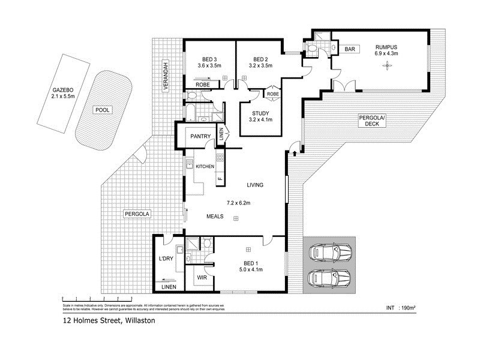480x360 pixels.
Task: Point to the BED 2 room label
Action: point(260,59)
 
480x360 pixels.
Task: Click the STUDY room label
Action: point(260,113)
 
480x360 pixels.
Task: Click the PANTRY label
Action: point(200,137)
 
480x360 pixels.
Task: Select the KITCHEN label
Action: point(205,166)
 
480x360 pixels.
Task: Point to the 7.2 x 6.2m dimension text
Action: point(238,203)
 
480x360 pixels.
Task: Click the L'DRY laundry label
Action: point(165,259)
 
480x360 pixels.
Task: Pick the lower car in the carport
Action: point(329,278)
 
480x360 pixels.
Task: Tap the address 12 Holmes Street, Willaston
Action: point(109,321)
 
